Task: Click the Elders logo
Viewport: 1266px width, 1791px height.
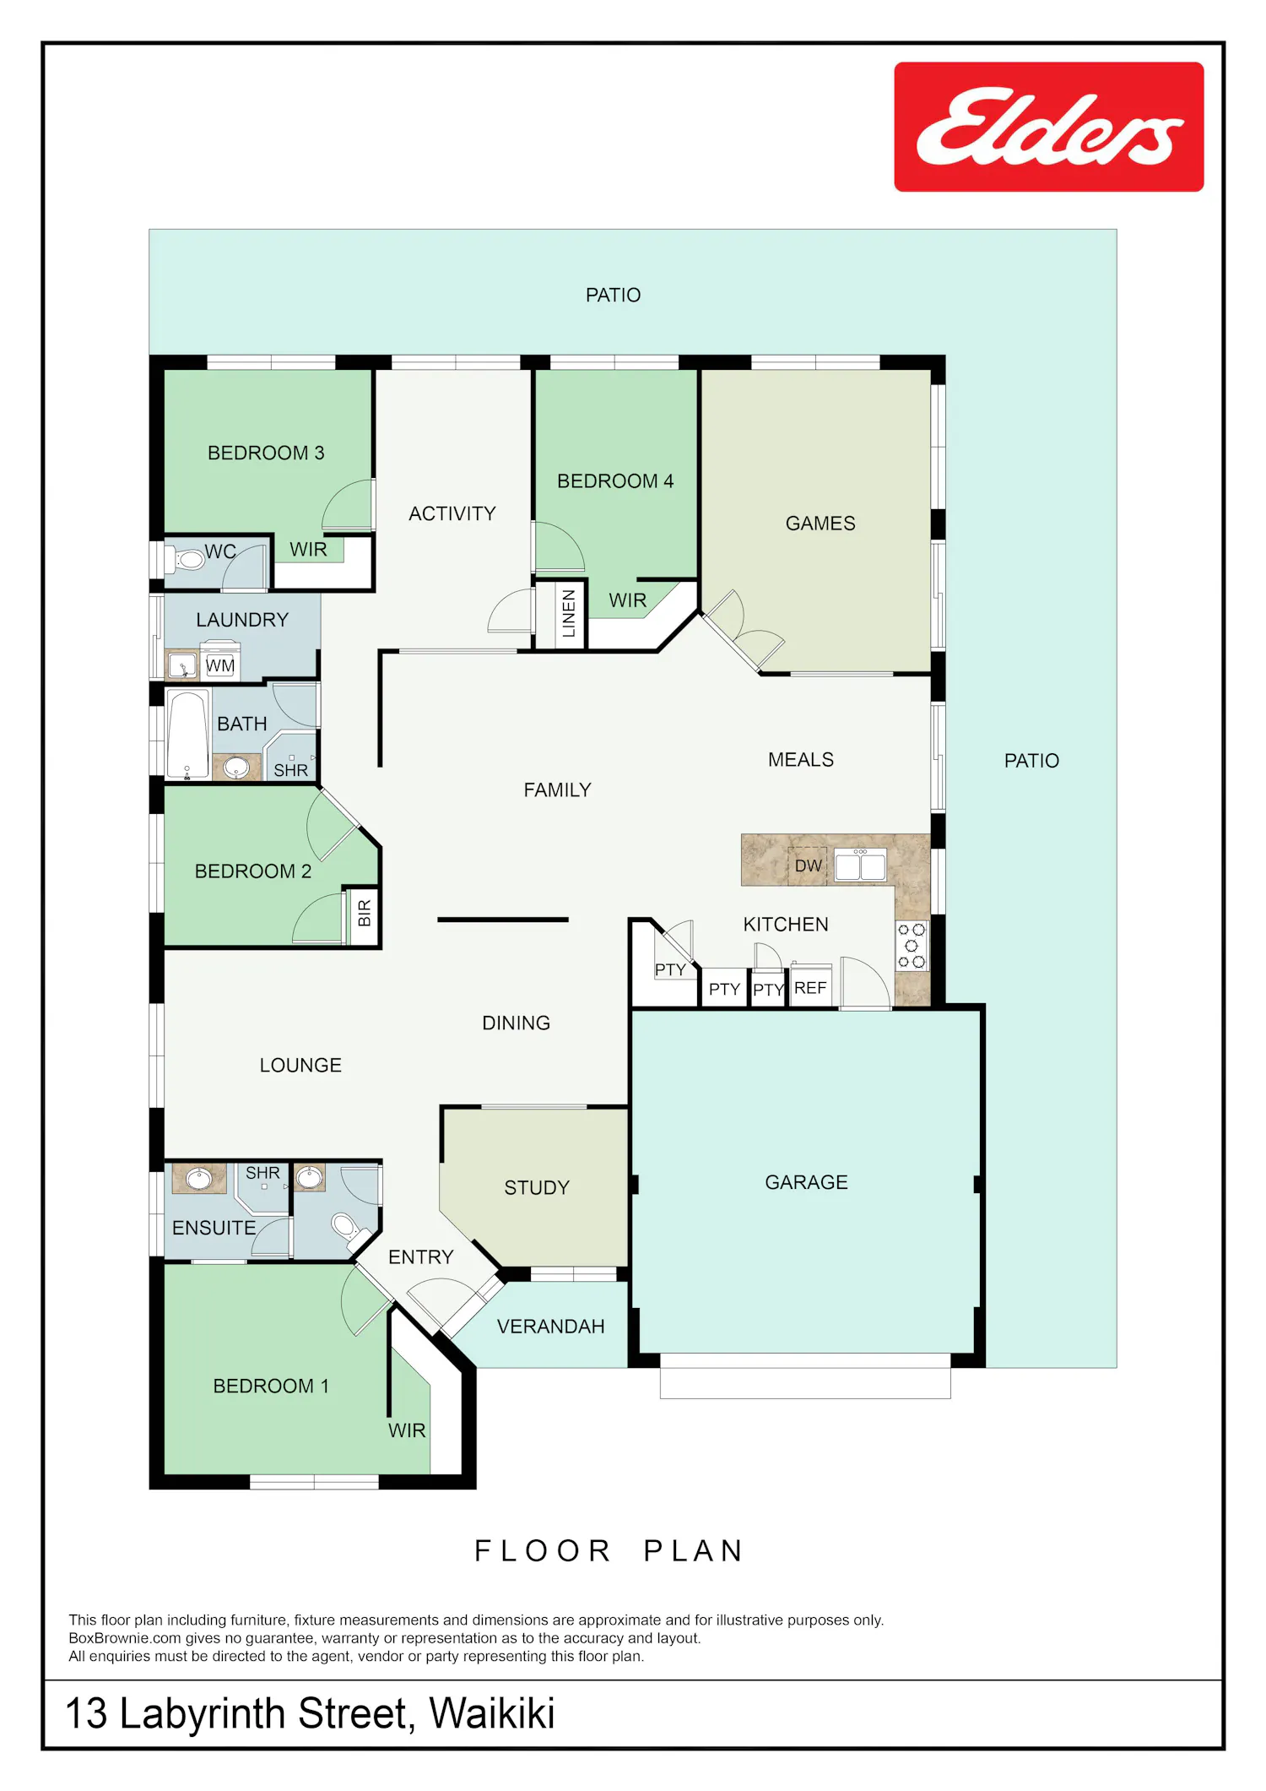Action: (x=1049, y=127)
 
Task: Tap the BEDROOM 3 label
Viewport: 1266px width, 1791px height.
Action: (x=266, y=453)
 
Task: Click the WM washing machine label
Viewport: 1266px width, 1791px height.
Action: (x=220, y=665)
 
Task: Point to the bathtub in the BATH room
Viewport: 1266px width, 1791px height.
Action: (x=187, y=734)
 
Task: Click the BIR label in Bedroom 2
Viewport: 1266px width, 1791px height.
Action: (x=365, y=913)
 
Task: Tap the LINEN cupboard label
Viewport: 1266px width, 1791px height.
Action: (x=569, y=613)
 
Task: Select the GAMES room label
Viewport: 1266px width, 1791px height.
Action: (x=820, y=524)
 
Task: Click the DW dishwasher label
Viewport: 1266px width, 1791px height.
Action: (x=809, y=866)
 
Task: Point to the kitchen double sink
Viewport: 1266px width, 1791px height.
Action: (x=860, y=866)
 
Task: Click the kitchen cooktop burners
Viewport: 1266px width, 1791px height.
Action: (x=912, y=946)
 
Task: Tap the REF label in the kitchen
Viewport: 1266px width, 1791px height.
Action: (x=810, y=988)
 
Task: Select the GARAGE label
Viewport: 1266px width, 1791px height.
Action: (x=806, y=1182)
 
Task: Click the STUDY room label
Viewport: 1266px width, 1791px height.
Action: (x=537, y=1188)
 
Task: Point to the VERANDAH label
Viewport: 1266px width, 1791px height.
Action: (x=550, y=1327)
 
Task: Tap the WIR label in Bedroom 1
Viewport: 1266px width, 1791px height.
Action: (x=407, y=1430)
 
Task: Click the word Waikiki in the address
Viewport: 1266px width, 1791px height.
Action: (x=492, y=1713)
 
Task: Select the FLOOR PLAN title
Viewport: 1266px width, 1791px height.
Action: (x=609, y=1551)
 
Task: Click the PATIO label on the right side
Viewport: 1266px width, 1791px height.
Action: (x=1031, y=761)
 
